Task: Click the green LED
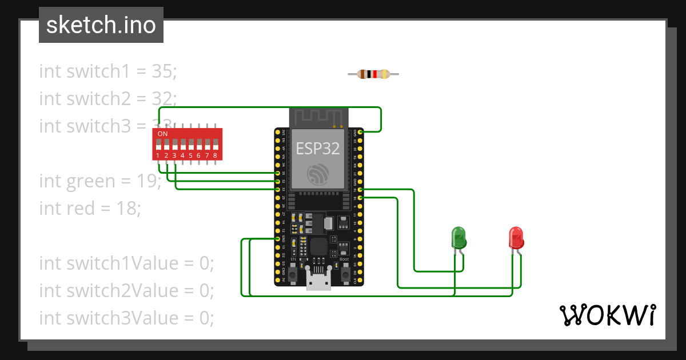point(458,237)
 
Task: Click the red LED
point(516,237)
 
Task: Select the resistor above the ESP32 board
point(373,74)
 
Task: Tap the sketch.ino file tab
point(101,25)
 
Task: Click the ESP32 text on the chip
point(318,149)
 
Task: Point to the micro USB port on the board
point(318,281)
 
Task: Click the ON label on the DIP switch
point(162,134)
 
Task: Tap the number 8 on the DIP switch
point(215,155)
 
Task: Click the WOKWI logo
point(607,315)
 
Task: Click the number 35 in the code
point(164,71)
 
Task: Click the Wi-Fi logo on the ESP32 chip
point(318,175)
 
